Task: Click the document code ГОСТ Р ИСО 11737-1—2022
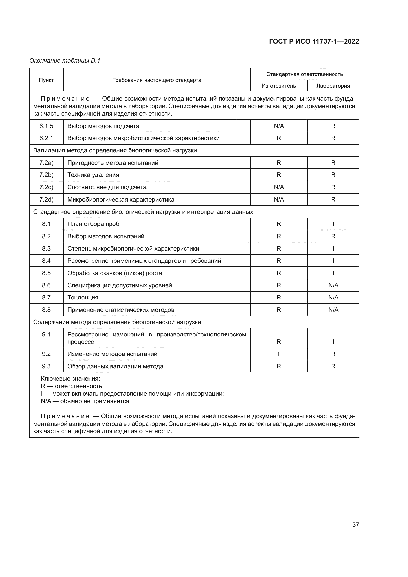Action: click(314, 41)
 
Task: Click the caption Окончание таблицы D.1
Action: click(65, 61)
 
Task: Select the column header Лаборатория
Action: click(333, 86)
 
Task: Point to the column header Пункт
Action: click(46, 80)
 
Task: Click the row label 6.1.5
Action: click(46, 126)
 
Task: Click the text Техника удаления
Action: click(93, 175)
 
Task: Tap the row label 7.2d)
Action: click(46, 200)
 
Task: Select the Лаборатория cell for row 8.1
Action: click(333, 224)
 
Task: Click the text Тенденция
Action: click(83, 298)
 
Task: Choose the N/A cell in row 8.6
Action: click(333, 285)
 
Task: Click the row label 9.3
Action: click(46, 366)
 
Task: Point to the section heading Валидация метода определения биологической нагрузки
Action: click(115, 150)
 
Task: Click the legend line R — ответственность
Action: click(72, 386)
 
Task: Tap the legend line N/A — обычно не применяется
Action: click(86, 401)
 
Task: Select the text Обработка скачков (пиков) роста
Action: click(114, 273)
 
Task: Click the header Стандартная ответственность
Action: click(304, 74)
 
